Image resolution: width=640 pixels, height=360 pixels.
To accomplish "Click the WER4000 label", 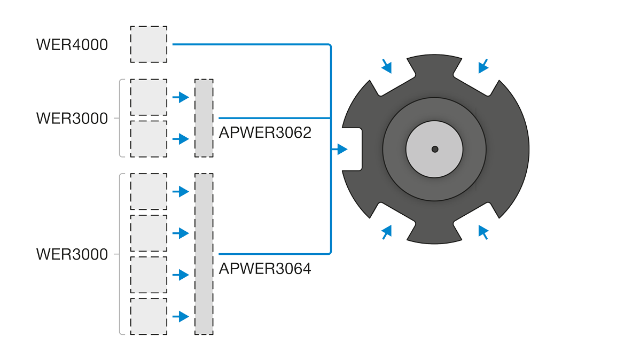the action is [72, 44].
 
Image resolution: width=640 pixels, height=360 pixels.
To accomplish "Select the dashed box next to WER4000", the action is [149, 44].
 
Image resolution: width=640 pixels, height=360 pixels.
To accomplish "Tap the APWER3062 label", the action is [265, 132].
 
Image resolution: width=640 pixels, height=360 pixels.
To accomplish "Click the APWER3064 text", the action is [265, 269].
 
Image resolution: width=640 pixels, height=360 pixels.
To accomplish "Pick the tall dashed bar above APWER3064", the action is [204, 254].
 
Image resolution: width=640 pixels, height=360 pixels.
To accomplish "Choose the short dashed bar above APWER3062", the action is [204, 118].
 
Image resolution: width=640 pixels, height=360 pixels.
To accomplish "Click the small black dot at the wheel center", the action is [435, 150].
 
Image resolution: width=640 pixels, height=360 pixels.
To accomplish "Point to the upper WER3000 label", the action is [72, 119].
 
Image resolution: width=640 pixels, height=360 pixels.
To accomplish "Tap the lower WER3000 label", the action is [72, 254].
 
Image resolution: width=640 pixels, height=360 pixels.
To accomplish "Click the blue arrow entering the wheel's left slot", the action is [340, 150].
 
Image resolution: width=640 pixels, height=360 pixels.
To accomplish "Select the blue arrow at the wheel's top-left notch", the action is [387, 66].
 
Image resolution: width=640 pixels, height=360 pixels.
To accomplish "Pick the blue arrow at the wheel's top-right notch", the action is [483, 66].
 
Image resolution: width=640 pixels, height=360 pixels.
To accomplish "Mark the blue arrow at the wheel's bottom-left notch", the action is [387, 232].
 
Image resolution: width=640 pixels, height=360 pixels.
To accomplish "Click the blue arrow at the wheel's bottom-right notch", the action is [483, 232].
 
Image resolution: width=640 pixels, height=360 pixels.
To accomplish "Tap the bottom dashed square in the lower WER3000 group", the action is [149, 317].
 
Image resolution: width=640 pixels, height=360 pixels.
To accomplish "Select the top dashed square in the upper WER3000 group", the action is [149, 97].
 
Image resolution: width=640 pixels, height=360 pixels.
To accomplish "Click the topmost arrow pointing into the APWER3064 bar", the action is [181, 191].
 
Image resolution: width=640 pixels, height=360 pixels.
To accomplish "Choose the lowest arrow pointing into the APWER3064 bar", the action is [181, 316].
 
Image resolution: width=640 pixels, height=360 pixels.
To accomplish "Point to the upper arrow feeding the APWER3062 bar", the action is [181, 97].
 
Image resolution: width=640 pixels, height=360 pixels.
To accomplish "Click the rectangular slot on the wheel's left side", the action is [352, 150].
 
